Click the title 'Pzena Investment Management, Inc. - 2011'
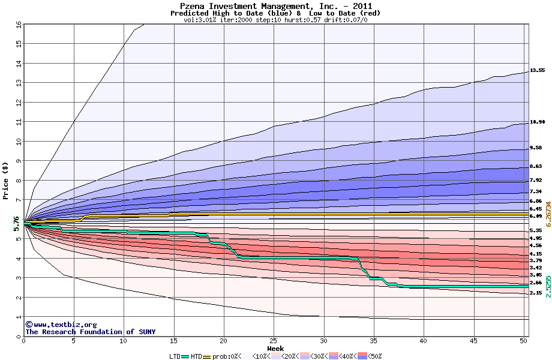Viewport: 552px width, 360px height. coord(275,6)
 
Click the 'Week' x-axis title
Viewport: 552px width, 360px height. coord(275,348)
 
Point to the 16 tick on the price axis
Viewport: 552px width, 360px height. coord(19,25)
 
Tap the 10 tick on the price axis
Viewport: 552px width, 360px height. coord(19,142)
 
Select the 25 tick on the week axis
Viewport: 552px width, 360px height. coord(274,341)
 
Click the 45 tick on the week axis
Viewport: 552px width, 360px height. coord(474,341)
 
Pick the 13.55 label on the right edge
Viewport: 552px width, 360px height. coord(537,70)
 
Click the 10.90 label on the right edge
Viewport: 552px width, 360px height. coord(537,122)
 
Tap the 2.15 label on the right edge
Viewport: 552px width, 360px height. coord(536,293)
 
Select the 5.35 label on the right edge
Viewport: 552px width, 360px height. coord(536,230)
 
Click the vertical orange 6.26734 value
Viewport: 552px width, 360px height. coord(548,214)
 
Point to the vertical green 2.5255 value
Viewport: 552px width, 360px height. coord(548,287)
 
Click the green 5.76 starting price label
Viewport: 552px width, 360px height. coord(17,223)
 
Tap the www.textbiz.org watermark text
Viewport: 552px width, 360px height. coord(61,325)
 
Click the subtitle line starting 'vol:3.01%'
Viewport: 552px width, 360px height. coord(275,20)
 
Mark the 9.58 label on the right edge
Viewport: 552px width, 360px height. coord(536,148)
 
